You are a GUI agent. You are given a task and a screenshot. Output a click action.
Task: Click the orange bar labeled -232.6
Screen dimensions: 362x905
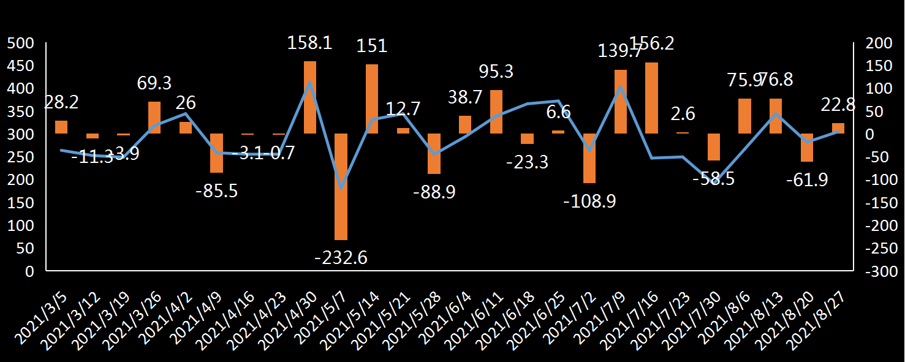[x=341, y=186]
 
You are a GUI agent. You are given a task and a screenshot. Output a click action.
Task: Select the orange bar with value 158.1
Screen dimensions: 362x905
[x=310, y=97]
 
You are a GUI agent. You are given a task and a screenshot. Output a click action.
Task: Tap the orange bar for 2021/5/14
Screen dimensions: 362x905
[x=372, y=99]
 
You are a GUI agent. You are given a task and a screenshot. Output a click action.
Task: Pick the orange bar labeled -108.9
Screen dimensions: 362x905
[x=589, y=158]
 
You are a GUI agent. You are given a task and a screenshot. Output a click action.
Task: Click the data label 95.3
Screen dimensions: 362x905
[x=496, y=72]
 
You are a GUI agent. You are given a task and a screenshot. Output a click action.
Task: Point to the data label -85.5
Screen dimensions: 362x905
[x=216, y=190]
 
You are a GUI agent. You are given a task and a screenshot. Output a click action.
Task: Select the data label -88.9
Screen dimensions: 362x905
[x=434, y=192]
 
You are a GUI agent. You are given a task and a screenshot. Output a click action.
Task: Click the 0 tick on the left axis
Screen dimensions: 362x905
[x=29, y=271]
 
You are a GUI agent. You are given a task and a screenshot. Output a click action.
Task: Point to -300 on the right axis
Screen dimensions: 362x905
[x=876, y=271]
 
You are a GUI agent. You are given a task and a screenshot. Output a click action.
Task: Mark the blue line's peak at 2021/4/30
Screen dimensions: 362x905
[x=310, y=81]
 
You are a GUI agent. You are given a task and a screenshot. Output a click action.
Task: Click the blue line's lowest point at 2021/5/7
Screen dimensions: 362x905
[x=341, y=187]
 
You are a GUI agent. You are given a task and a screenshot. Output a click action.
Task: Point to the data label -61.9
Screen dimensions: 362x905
[x=807, y=180]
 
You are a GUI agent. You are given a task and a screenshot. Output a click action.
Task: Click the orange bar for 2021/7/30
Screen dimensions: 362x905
[x=713, y=147]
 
